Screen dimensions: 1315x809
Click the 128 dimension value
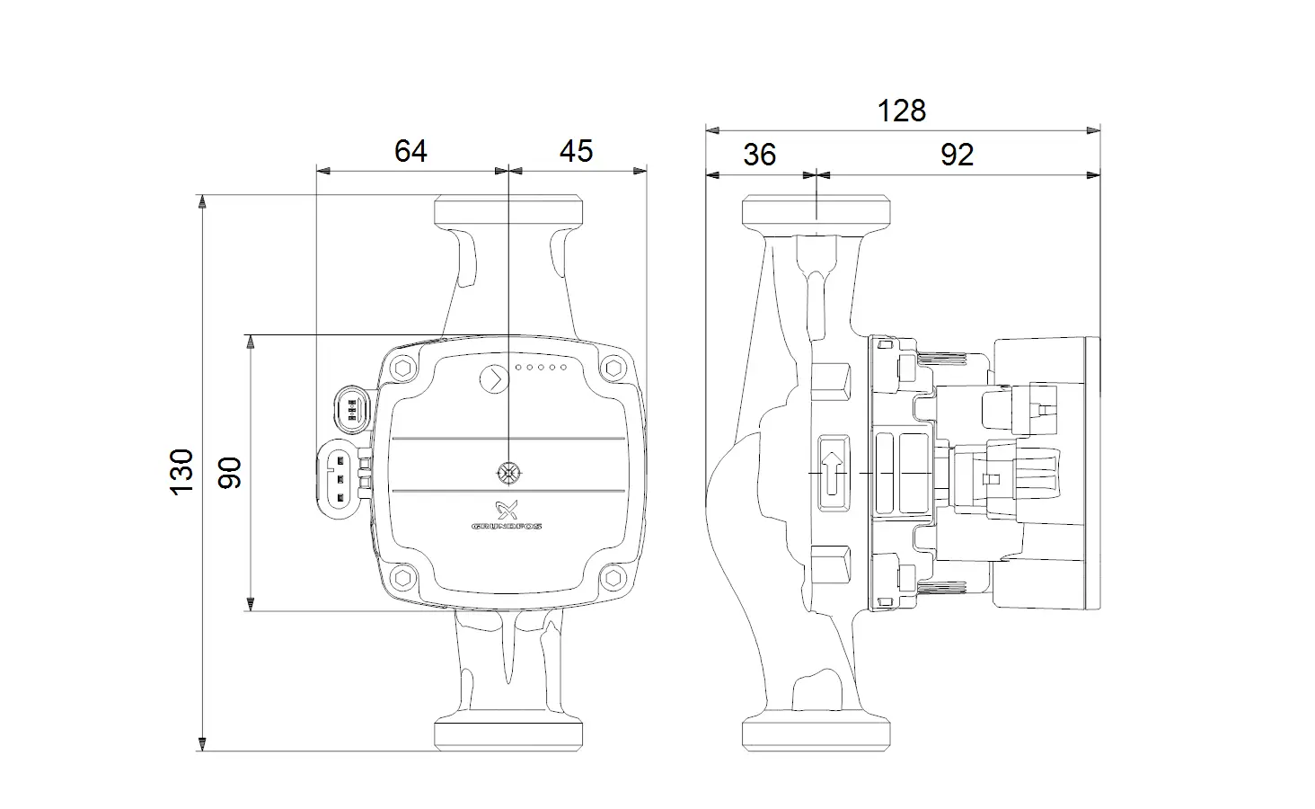[x=901, y=111]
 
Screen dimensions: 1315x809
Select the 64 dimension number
[x=410, y=151]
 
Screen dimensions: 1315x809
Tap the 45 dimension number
[x=576, y=151]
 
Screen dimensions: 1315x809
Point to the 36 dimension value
[x=760, y=155]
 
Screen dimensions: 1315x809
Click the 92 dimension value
[x=957, y=155]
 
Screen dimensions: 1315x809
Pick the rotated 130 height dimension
[x=181, y=472]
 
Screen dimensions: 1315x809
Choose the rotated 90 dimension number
[x=230, y=473]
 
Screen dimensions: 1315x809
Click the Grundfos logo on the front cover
[x=507, y=515]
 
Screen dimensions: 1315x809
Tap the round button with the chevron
[x=494, y=379]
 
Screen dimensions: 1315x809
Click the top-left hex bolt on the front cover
[x=402, y=369]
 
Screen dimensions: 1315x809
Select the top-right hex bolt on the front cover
[x=613, y=369]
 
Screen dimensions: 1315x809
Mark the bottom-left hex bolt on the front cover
[x=402, y=578]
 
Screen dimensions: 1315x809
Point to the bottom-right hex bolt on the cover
[x=613, y=578]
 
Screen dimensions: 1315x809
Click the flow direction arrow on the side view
[x=833, y=473]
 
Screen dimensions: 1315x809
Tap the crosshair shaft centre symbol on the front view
[x=509, y=473]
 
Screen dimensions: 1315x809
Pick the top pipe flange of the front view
[x=508, y=209]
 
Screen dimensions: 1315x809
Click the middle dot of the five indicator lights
[x=541, y=367]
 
